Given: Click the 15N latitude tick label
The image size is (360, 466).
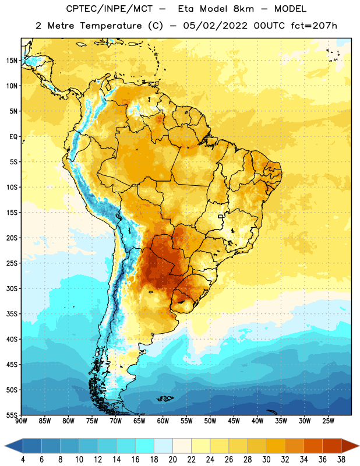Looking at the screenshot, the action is click(x=12, y=61).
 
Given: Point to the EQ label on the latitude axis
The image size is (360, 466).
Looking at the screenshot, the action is click(x=13, y=137).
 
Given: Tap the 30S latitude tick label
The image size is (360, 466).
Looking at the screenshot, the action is click(x=12, y=288).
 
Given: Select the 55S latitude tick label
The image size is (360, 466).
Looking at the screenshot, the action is click(x=12, y=415).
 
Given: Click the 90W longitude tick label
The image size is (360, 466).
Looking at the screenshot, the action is click(x=21, y=421).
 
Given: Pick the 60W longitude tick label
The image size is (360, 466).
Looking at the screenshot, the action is click(x=163, y=421).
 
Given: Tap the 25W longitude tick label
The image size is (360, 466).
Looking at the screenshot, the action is click(x=328, y=421).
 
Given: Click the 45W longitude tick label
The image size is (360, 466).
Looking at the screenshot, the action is click(x=234, y=421).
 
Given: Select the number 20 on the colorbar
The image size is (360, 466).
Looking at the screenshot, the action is click(x=172, y=460).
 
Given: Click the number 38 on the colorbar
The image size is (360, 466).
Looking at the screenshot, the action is click(x=341, y=460).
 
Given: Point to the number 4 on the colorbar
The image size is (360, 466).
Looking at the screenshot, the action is click(x=23, y=460).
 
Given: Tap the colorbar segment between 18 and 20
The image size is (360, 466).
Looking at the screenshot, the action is click(x=163, y=446).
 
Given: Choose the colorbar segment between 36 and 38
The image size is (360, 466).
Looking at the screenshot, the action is click(x=332, y=446).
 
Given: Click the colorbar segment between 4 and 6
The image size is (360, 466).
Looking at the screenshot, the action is click(x=32, y=446).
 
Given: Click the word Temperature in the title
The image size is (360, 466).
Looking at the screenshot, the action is click(x=111, y=26).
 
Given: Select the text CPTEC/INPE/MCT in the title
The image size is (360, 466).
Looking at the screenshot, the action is click(x=110, y=9).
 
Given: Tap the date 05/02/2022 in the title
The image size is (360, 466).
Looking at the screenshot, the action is click(x=215, y=26).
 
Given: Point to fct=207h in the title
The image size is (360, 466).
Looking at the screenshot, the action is click(x=314, y=26).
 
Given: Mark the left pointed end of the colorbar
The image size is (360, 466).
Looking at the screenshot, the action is click(x=5, y=446).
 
